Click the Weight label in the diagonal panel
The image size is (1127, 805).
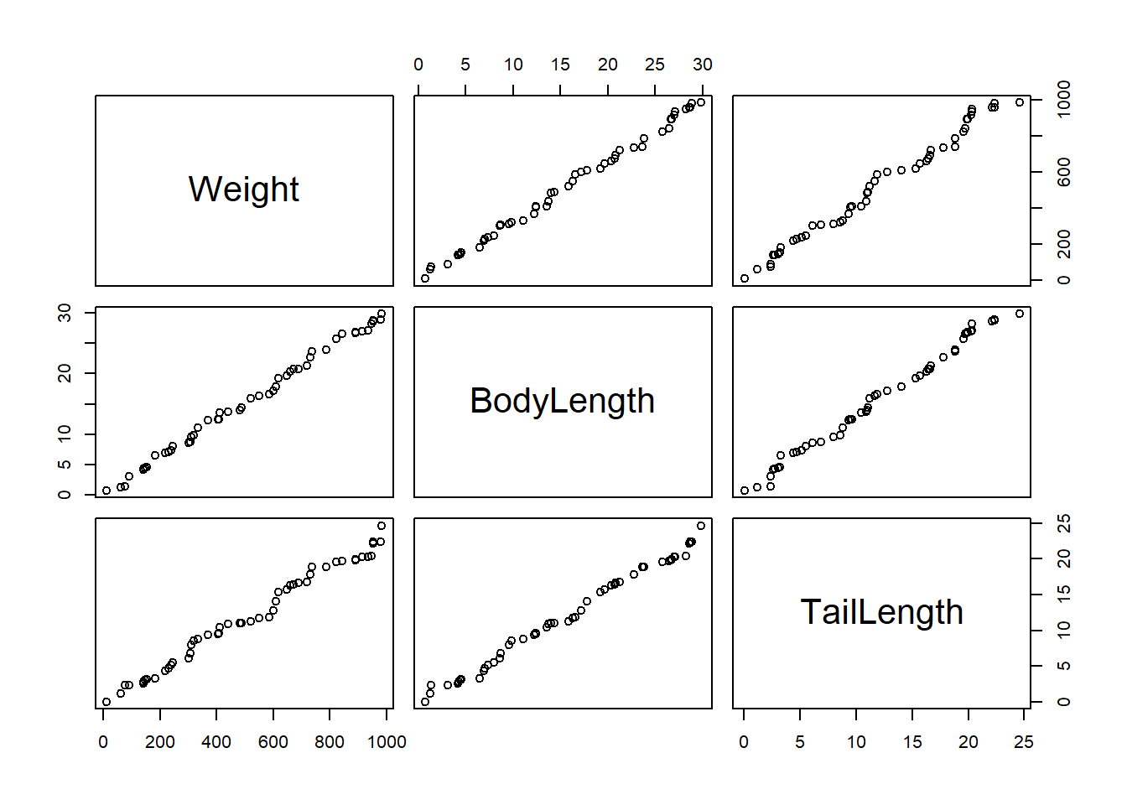pyautogui.click(x=243, y=190)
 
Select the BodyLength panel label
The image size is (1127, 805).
pyautogui.click(x=562, y=401)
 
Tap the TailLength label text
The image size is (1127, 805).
pyautogui.click(x=881, y=612)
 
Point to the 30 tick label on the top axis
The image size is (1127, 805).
pyautogui.click(x=703, y=65)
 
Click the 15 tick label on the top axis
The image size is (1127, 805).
pyautogui.click(x=560, y=65)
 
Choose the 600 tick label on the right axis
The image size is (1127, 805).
pyautogui.click(x=1064, y=173)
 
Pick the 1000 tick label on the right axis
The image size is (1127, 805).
pyautogui.click(x=1064, y=100)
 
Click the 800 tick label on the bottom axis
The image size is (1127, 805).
pyautogui.click(x=330, y=742)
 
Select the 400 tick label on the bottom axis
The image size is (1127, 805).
pyautogui.click(x=216, y=742)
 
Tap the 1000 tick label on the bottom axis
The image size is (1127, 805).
pyautogui.click(x=387, y=742)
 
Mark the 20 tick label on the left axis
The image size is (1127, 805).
pyautogui.click(x=65, y=372)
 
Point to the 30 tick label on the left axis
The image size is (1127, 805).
pyautogui.click(x=65, y=312)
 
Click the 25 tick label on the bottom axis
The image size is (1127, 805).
pyautogui.click(x=1024, y=742)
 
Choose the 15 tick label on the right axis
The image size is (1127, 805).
pyautogui.click(x=1064, y=594)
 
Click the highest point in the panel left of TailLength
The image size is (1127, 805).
pyautogui.click(x=701, y=526)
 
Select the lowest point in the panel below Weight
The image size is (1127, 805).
pyautogui.click(x=106, y=491)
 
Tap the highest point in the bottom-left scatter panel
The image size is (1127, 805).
pyautogui.click(x=382, y=526)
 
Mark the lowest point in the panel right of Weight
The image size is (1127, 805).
pyautogui.click(x=425, y=278)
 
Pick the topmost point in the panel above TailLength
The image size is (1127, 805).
pyautogui.click(x=1020, y=314)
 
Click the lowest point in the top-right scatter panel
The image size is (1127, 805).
pyautogui.click(x=745, y=278)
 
